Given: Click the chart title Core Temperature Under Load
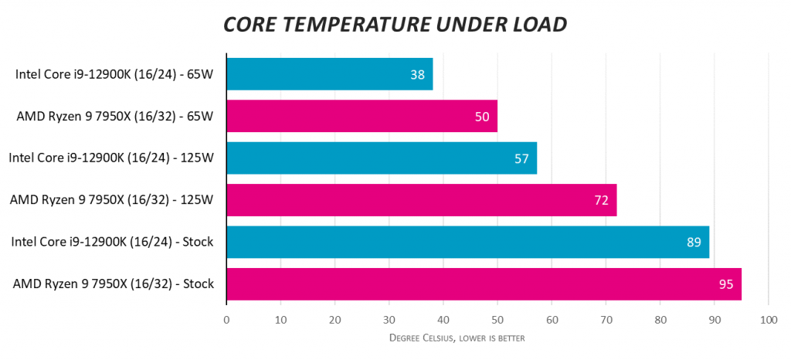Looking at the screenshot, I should click(x=395, y=24).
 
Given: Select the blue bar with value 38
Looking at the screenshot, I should click(x=329, y=74).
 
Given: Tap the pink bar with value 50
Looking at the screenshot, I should click(x=362, y=116).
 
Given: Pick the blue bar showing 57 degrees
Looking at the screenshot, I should click(x=381, y=158).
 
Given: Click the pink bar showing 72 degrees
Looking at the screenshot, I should click(x=421, y=200).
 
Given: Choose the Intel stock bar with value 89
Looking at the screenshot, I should click(x=467, y=242).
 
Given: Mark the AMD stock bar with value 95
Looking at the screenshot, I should click(x=484, y=284).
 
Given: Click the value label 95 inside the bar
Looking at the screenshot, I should click(x=725, y=284).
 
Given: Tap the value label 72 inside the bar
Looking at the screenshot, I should click(x=601, y=200).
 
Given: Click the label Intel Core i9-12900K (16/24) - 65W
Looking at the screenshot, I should click(x=114, y=74).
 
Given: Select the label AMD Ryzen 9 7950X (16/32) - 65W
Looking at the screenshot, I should click(x=114, y=116).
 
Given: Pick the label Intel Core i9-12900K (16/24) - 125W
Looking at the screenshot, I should click(x=111, y=158).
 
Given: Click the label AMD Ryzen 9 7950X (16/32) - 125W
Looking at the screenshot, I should click(x=112, y=200).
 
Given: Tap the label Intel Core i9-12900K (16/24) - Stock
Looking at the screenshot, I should click(x=112, y=242).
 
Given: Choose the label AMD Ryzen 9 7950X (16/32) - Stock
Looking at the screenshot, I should click(x=113, y=284).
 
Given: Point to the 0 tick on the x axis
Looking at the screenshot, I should click(x=226, y=319).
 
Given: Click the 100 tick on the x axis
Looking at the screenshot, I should click(x=768, y=319).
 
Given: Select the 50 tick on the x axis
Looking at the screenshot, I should click(x=497, y=319).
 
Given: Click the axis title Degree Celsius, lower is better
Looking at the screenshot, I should click(x=458, y=338).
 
